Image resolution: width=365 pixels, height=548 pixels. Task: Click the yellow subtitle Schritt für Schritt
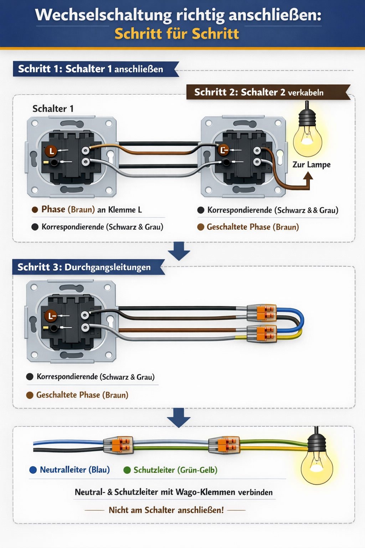(177, 34)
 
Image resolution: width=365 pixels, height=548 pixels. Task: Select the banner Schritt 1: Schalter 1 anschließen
(91, 69)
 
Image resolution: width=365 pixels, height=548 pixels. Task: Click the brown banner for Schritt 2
(259, 92)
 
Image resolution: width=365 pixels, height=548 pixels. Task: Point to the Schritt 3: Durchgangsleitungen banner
(84, 267)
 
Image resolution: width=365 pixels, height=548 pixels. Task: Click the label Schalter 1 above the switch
(53, 108)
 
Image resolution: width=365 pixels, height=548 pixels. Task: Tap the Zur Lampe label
(311, 164)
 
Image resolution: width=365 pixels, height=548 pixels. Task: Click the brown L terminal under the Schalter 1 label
(51, 151)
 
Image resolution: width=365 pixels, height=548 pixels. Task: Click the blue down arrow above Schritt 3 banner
(179, 251)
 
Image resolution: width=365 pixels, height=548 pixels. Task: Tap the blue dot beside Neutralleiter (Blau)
(33, 470)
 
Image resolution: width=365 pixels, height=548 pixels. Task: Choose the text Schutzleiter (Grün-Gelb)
(175, 470)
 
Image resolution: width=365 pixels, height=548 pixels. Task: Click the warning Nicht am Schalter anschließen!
(166, 510)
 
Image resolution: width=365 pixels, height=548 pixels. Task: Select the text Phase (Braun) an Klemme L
(92, 209)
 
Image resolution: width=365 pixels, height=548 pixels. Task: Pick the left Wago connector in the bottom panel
(119, 445)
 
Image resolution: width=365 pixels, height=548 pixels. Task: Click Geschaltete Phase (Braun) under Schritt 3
(82, 395)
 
